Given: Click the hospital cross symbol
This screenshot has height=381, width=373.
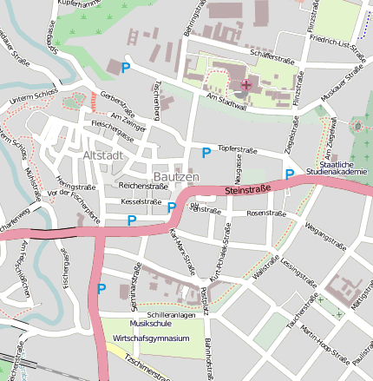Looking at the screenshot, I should coord(245,84).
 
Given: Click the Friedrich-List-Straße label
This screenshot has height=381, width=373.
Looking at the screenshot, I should coord(344,40).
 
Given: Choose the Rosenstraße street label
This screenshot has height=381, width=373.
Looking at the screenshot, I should coord(265,213).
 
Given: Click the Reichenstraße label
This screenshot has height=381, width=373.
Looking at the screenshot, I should coord(143,186).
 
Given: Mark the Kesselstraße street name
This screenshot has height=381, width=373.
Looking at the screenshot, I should coord(141,202).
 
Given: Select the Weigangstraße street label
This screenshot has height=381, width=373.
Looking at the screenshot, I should coord(325,233).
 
